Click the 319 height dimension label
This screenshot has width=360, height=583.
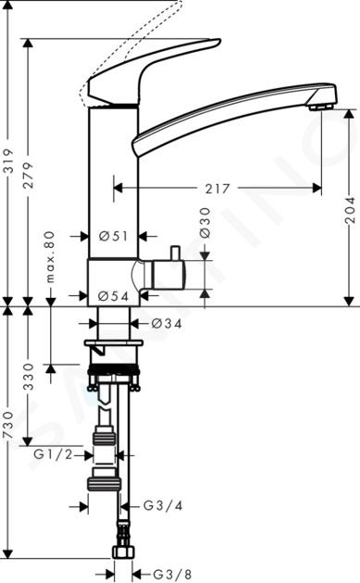tap(9, 161)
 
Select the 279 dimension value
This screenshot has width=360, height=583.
tap(29, 175)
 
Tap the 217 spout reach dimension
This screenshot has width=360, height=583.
tap(217, 189)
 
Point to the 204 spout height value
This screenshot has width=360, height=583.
tap(350, 210)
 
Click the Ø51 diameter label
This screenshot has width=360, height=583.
tap(114, 236)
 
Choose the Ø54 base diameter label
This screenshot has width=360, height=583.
tap(114, 296)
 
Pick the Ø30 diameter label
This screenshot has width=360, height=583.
tap(205, 223)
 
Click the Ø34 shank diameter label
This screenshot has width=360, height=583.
tap(167, 324)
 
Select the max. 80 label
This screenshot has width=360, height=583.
tap(50, 257)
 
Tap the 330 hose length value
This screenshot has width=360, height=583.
tap(29, 377)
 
